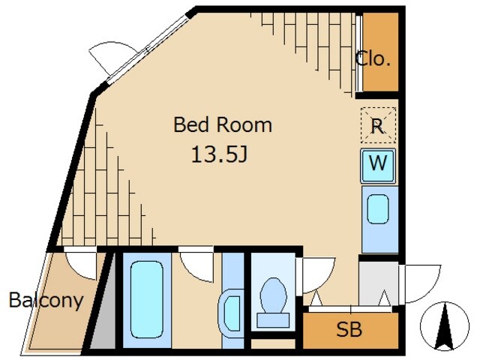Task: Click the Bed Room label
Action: (x=223, y=124)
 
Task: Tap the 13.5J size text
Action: (x=219, y=154)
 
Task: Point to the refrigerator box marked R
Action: (x=378, y=125)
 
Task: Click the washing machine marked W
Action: (x=378, y=166)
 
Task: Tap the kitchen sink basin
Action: (x=378, y=209)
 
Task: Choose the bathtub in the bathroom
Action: (x=147, y=299)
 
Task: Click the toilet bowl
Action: (x=273, y=295)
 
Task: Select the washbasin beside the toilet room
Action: (x=231, y=313)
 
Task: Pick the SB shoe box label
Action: (x=349, y=329)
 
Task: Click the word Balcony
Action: (x=46, y=300)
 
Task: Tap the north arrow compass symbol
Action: (x=445, y=326)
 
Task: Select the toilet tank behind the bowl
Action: (x=273, y=320)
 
